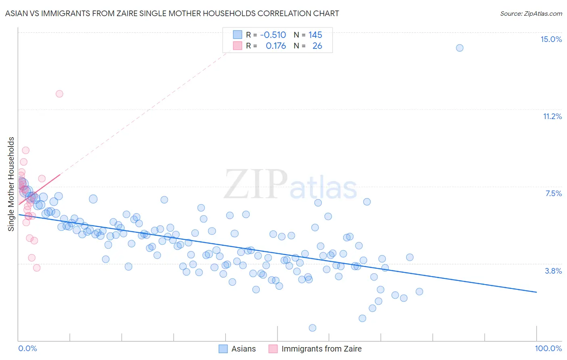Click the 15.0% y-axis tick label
[x=551, y=39]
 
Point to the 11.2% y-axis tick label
[x=552, y=116]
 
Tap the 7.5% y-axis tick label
[x=553, y=193]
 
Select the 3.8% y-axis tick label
[x=553, y=271]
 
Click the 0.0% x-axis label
[x=27, y=348]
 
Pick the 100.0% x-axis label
[x=548, y=348]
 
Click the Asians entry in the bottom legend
[x=244, y=349]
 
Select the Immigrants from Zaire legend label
[x=321, y=349]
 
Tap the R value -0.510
[x=273, y=35]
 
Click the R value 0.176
[x=276, y=46]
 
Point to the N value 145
[x=315, y=35]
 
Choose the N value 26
[x=317, y=46]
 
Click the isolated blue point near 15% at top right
[x=459, y=48]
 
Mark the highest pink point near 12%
[x=59, y=94]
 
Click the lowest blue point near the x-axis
[x=313, y=328]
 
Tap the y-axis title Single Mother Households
[x=11, y=184]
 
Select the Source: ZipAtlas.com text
[x=531, y=13]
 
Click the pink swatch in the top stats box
[x=238, y=46]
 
